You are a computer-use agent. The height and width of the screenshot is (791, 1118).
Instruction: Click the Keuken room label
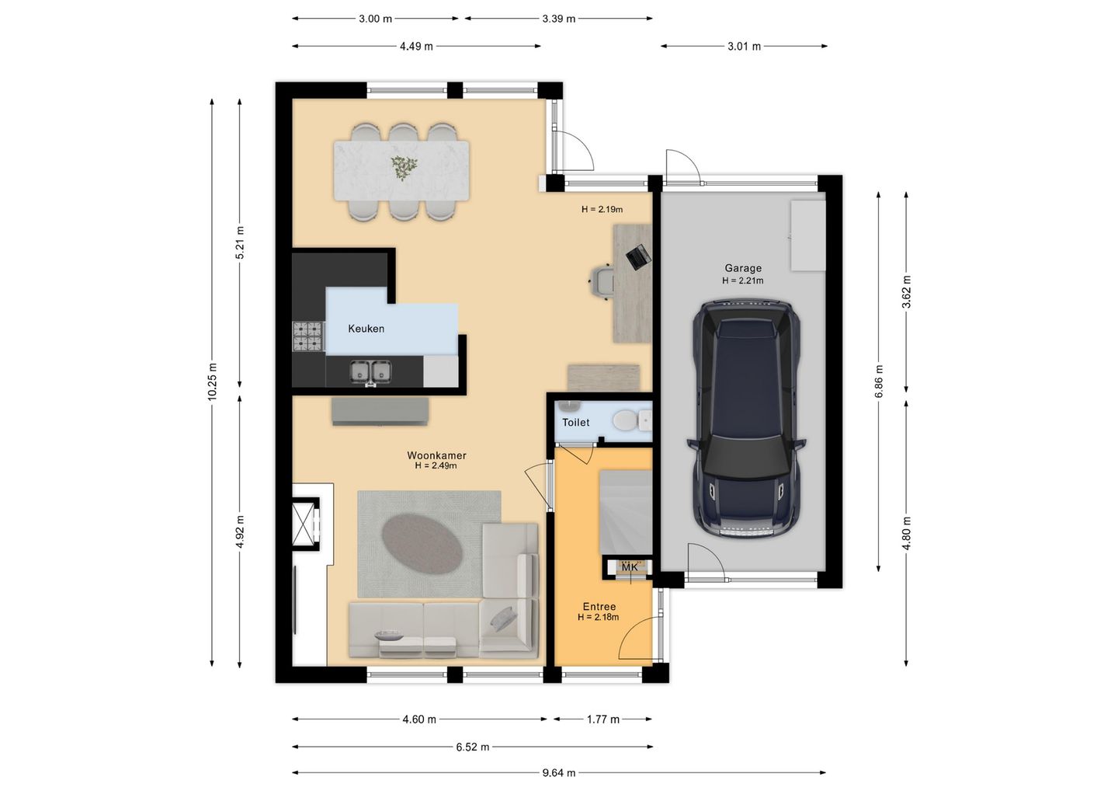pyautogui.click(x=366, y=329)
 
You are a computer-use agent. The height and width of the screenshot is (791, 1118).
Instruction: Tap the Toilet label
pyautogui.click(x=575, y=423)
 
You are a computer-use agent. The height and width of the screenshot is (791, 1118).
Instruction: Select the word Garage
pyautogui.click(x=743, y=268)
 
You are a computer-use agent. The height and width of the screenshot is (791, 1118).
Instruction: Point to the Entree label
pyautogui.click(x=599, y=607)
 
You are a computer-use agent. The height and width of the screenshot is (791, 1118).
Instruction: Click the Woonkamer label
pyautogui.click(x=436, y=455)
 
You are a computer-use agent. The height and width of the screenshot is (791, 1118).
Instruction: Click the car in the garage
pyautogui.click(x=746, y=419)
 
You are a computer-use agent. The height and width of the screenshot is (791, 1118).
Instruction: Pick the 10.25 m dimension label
pyautogui.click(x=212, y=381)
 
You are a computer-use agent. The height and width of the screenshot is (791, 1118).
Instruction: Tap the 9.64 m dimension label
pyautogui.click(x=559, y=773)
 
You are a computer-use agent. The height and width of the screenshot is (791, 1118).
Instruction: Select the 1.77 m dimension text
pyautogui.click(x=603, y=720)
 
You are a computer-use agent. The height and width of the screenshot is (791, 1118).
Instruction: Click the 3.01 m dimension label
pyautogui.click(x=744, y=47)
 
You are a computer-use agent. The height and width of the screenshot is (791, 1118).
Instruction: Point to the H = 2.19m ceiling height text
pyautogui.click(x=602, y=210)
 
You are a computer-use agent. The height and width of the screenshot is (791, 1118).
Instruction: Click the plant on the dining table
pyautogui.click(x=403, y=167)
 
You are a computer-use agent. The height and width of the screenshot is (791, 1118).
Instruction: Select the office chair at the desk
pyautogui.click(x=602, y=282)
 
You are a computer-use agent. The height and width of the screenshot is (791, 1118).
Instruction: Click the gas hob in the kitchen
pyautogui.click(x=307, y=336)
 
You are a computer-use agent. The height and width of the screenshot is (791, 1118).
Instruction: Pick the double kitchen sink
pyautogui.click(x=370, y=372)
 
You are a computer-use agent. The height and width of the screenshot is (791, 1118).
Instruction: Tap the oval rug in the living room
pyautogui.click(x=422, y=544)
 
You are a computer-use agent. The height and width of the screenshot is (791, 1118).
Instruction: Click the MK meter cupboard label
pyautogui.click(x=630, y=568)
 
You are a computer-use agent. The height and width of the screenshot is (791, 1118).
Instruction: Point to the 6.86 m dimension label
pyautogui.click(x=879, y=381)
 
